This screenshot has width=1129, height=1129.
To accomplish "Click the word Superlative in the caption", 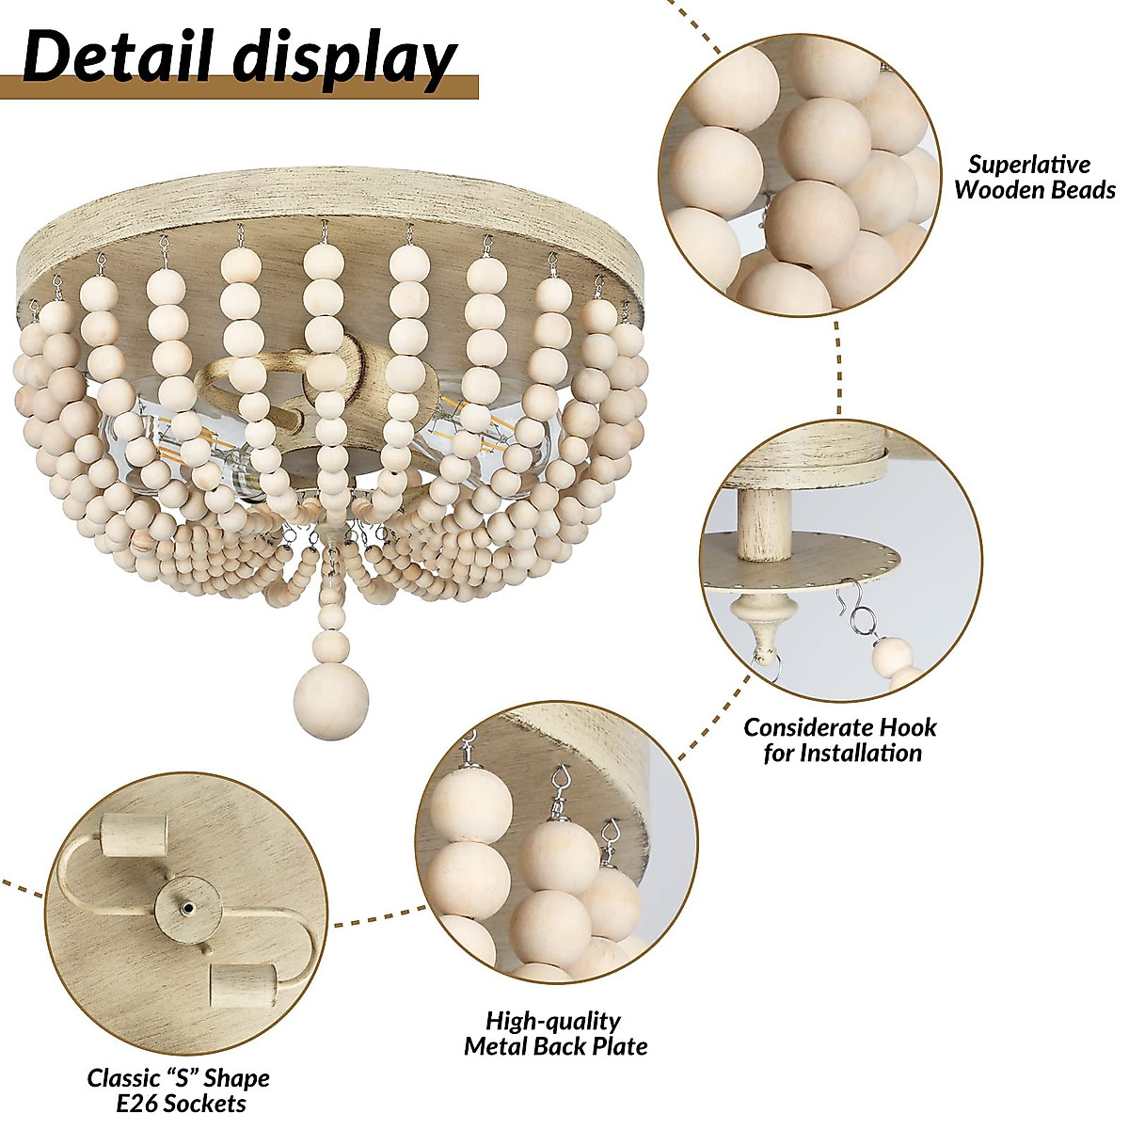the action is (1029, 165).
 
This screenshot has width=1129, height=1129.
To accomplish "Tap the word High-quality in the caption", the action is (553, 1021).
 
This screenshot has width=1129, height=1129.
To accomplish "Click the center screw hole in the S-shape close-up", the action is (188, 909).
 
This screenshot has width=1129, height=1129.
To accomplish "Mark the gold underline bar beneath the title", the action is (239, 87).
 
